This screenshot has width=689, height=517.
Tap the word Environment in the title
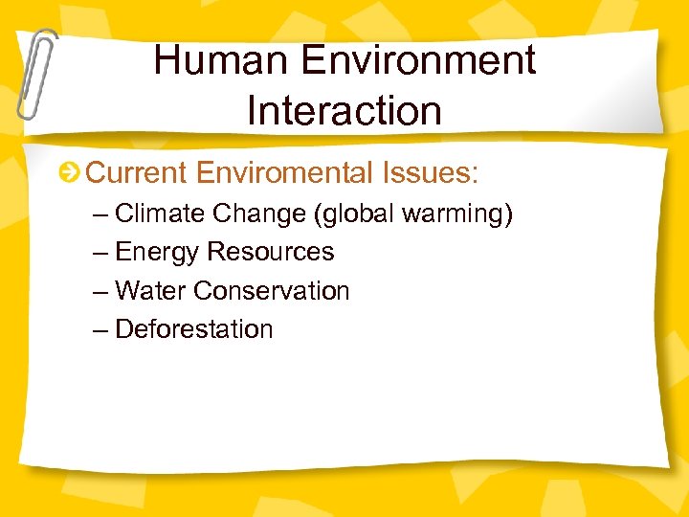pos(417,61)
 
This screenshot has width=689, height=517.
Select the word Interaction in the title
pos(344,110)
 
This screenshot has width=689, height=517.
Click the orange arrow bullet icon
pos(69,173)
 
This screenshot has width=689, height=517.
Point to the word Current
pos(137,173)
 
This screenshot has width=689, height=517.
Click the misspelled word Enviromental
pos(286,173)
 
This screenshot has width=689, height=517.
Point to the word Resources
pos(271,252)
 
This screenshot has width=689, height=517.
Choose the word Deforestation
pos(194,329)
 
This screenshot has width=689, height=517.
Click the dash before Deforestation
pos(101,329)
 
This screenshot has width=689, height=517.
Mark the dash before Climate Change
pos(101,214)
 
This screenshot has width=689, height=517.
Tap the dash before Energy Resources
pos(101,253)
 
